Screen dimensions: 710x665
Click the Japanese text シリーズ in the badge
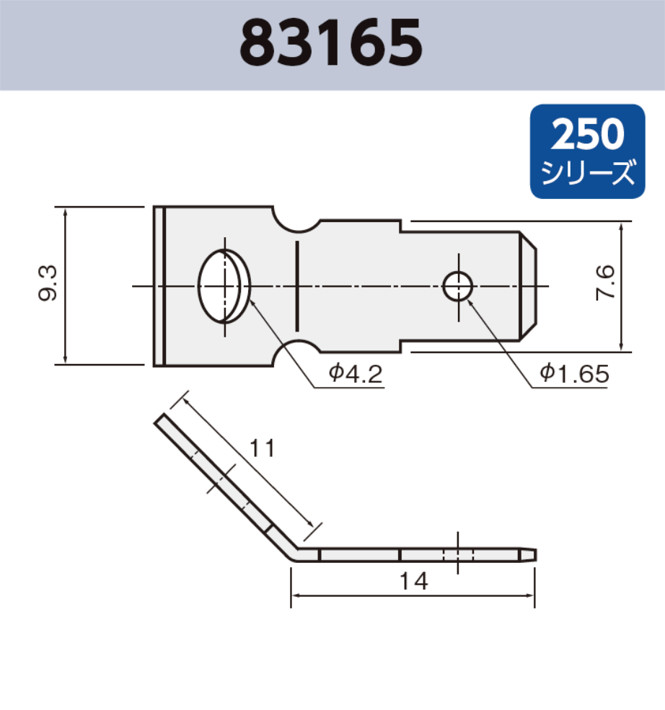(x=588, y=174)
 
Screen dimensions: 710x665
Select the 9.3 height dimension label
(x=49, y=286)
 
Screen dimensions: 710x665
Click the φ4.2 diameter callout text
(x=353, y=373)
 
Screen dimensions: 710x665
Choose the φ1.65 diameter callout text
(x=574, y=373)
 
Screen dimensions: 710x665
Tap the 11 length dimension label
(x=262, y=448)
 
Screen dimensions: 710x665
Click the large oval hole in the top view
(x=224, y=286)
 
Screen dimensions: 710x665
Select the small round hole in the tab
(x=458, y=287)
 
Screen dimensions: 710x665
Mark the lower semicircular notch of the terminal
(x=296, y=352)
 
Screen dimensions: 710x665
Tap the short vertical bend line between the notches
(x=296, y=286)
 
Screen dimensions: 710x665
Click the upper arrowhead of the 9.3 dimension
(x=66, y=213)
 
